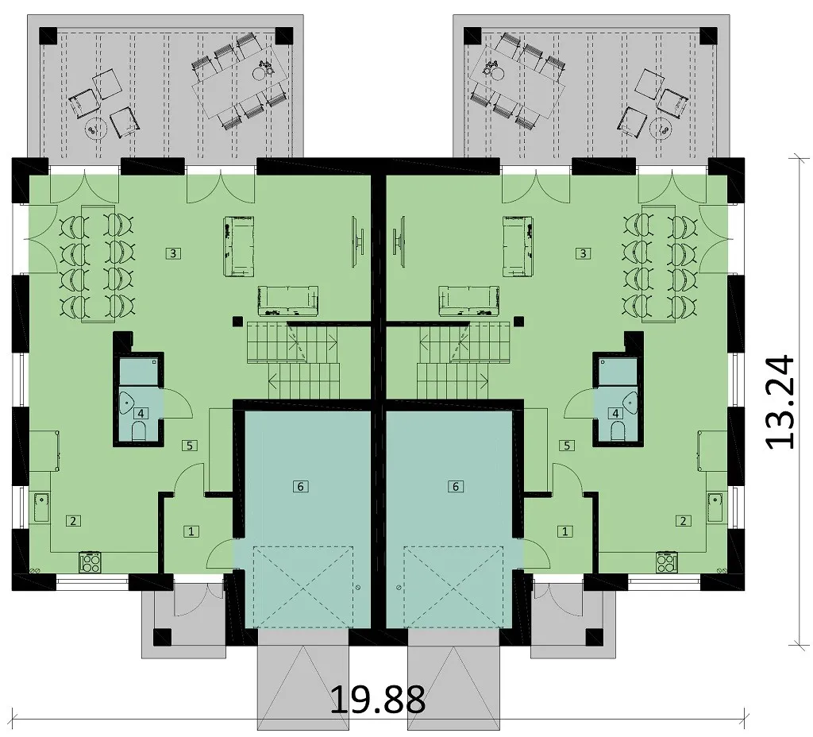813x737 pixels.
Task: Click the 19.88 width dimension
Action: (x=377, y=699)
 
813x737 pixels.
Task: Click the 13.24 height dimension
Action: (x=780, y=402)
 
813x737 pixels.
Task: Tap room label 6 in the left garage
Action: (x=300, y=487)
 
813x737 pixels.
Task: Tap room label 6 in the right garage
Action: (x=456, y=487)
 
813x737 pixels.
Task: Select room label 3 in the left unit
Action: (x=173, y=253)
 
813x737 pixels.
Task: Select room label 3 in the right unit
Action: (x=584, y=253)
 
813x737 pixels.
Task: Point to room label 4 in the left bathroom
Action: (x=140, y=413)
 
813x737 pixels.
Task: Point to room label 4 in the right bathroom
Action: (x=615, y=413)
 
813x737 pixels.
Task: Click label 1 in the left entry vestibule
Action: (x=192, y=531)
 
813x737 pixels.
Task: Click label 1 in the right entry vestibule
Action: (x=564, y=531)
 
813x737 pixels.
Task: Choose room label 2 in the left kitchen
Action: (x=73, y=521)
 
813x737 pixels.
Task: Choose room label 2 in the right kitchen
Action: (x=683, y=521)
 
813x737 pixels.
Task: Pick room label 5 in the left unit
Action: (x=189, y=445)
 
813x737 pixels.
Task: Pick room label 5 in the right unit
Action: (x=567, y=445)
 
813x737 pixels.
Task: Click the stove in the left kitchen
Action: (x=91, y=563)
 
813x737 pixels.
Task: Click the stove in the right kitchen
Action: (x=666, y=563)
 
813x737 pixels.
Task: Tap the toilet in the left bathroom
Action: (x=140, y=431)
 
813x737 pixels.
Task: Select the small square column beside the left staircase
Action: (x=237, y=322)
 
